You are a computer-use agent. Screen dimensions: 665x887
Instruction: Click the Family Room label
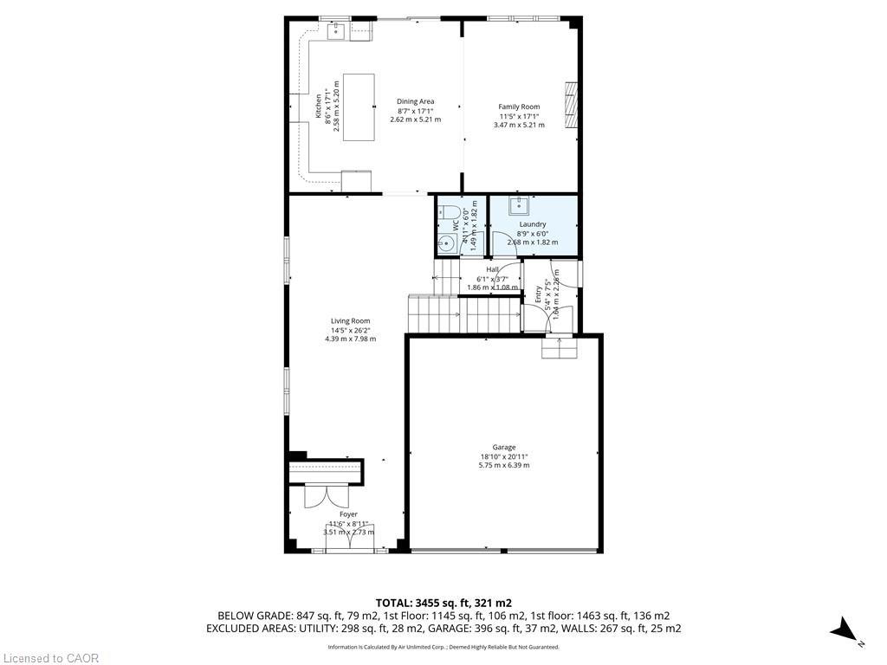(x=519, y=107)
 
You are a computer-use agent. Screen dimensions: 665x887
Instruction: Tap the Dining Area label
(x=416, y=102)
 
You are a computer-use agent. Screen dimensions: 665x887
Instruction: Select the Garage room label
(x=504, y=448)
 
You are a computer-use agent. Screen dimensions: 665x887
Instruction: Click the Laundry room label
(x=533, y=224)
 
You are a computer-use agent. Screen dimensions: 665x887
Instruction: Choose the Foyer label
(x=348, y=514)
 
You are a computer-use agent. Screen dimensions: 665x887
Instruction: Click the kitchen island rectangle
(x=359, y=107)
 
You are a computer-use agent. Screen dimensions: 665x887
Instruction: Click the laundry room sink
(x=520, y=205)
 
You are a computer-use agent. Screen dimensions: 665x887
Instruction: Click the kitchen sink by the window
(x=336, y=32)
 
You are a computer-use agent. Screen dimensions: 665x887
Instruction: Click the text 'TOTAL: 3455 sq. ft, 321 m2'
(x=443, y=603)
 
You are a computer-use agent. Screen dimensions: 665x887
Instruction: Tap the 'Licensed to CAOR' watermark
(x=50, y=658)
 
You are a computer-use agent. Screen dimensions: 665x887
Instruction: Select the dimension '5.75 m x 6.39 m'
(x=504, y=465)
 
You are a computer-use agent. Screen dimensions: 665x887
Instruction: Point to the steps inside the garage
(x=559, y=348)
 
